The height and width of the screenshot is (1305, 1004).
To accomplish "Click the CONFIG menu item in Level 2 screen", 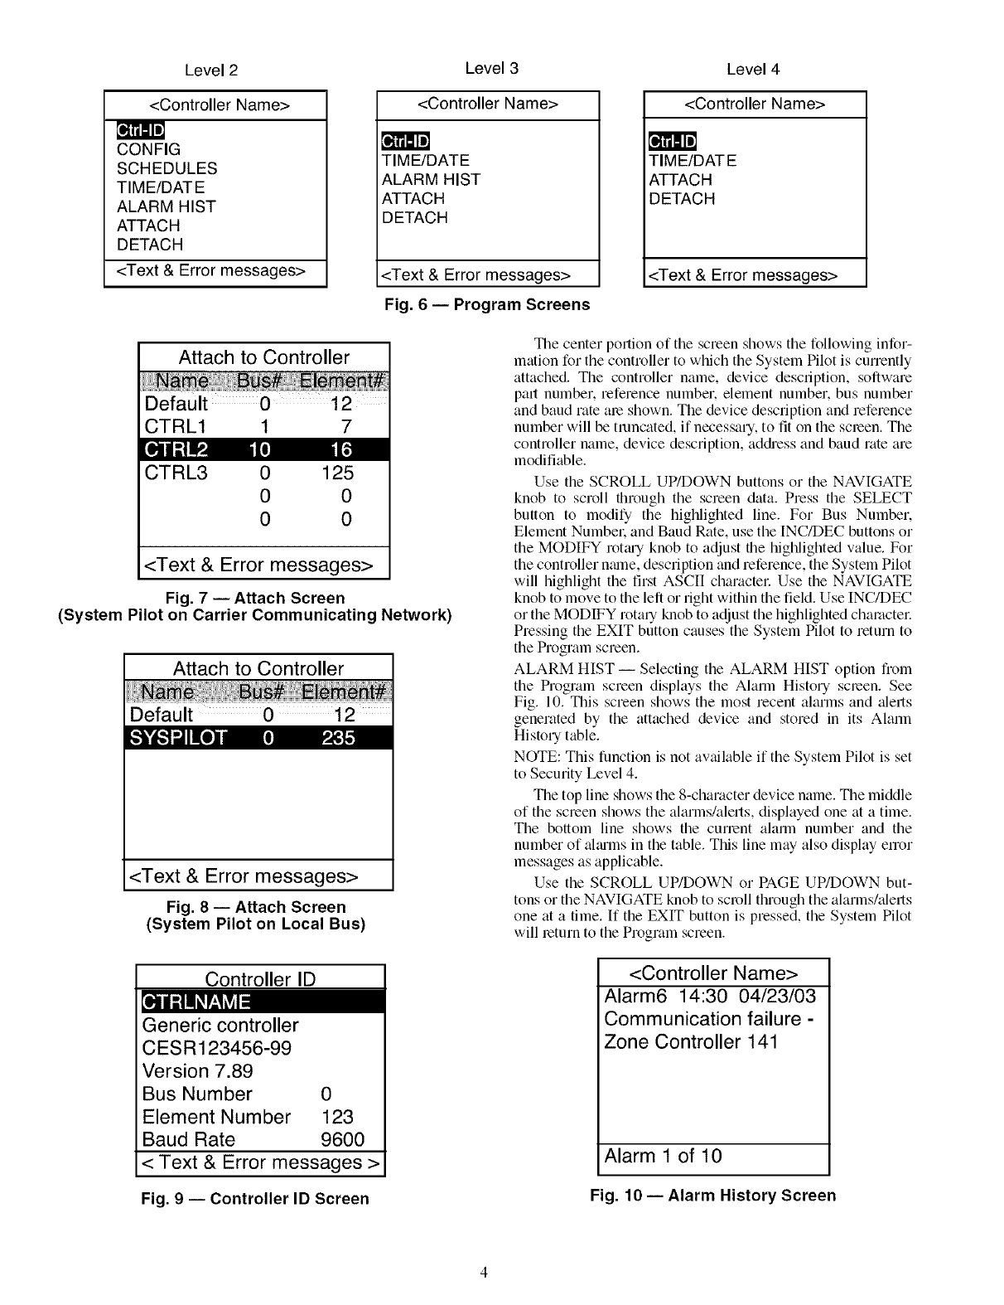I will (x=148, y=149).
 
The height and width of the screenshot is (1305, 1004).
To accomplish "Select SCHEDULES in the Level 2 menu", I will (x=167, y=168).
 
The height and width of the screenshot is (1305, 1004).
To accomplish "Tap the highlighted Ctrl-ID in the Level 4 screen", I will (x=673, y=142).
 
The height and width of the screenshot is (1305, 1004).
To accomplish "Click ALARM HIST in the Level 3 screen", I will (x=431, y=179).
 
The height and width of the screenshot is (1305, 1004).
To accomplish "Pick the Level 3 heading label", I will (x=491, y=68).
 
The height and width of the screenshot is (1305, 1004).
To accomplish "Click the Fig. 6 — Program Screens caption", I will (x=487, y=304).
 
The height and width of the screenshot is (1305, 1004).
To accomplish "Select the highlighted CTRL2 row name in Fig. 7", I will (x=176, y=449).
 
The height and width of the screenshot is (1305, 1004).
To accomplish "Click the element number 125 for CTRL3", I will (x=337, y=473).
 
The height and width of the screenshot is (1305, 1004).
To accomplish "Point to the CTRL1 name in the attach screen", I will (x=176, y=426).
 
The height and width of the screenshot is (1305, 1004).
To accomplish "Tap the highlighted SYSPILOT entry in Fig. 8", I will (x=178, y=737).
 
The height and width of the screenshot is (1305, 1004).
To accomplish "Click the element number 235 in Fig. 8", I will (x=338, y=737).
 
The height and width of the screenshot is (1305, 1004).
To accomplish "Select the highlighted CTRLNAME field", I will (x=196, y=1002).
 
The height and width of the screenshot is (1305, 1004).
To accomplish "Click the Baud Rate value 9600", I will (x=342, y=1139).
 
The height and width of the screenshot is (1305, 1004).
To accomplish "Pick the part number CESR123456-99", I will (x=217, y=1048).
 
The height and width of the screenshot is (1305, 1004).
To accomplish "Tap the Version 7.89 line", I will (x=198, y=1070).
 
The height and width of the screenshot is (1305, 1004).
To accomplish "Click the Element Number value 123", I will (x=336, y=1117).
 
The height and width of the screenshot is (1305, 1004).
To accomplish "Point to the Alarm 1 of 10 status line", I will (x=663, y=1156).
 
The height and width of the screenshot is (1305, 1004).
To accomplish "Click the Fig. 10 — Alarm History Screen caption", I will (x=712, y=1195).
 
